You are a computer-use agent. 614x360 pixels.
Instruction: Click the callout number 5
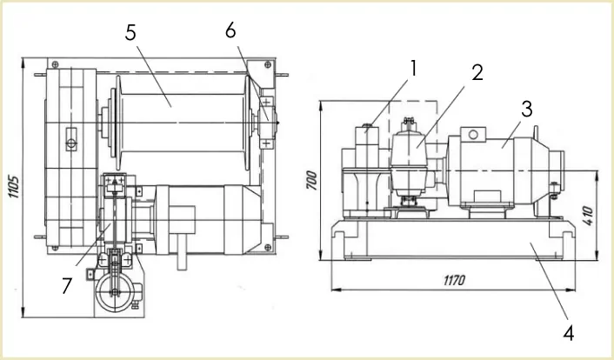pos(130,32)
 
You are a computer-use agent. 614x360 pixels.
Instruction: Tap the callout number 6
pos(230,30)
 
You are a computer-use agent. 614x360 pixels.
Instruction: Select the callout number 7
pos(67,285)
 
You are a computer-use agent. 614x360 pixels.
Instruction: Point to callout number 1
pos(412,69)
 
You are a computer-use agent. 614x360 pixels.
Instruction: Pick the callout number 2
pos(477,72)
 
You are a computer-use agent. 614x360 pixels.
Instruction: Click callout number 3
pos(527,109)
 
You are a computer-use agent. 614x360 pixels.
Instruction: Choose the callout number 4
pos(569,333)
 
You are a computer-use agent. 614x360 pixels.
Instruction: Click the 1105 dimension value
pos(14,186)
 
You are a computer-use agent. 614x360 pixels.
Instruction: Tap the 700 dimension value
pos(311,180)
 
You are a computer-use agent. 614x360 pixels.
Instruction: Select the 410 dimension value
pos(588,216)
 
